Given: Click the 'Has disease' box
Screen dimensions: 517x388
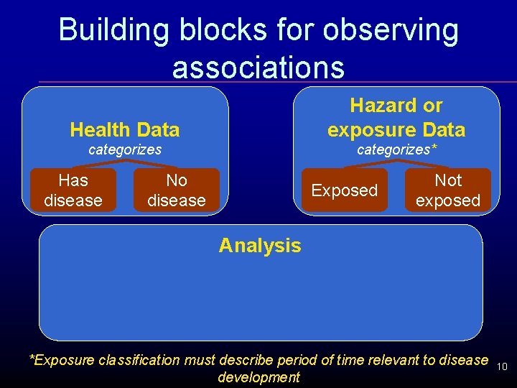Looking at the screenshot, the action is (73, 190).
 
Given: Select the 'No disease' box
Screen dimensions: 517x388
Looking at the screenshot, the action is (176, 190).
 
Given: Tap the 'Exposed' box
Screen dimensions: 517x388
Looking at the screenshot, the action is (344, 190).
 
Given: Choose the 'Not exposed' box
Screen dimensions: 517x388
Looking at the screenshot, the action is (448, 190).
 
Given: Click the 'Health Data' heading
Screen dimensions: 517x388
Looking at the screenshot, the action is (125, 130).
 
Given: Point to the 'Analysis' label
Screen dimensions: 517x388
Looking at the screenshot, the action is (260, 246).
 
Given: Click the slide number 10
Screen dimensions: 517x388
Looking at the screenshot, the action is (502, 366).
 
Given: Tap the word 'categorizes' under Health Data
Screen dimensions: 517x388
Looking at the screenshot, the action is (125, 150).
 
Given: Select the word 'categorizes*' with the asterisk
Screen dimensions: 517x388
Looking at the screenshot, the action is (397, 150).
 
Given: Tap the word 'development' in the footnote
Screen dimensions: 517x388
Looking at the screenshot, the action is (258, 377).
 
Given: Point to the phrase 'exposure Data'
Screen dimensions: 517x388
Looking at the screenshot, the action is (396, 130).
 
